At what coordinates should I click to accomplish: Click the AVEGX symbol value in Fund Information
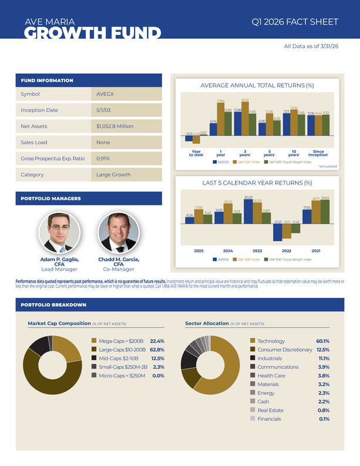click(x=105, y=94)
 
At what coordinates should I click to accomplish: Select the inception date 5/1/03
click(x=105, y=110)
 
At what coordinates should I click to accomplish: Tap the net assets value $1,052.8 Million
click(x=115, y=126)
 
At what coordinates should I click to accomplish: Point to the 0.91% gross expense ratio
click(x=103, y=159)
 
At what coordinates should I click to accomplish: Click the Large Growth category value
click(x=113, y=175)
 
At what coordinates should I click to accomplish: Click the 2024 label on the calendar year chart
click(x=228, y=251)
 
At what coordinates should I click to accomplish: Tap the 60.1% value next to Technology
click(x=322, y=341)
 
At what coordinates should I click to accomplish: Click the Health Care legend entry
click(x=271, y=376)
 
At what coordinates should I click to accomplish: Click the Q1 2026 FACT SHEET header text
click(x=294, y=22)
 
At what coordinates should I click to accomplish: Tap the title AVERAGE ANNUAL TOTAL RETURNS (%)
click(x=257, y=85)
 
